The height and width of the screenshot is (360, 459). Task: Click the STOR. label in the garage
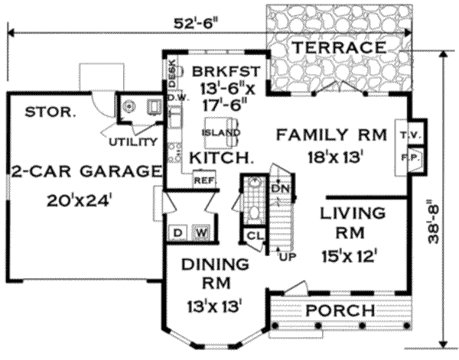pyautogui.click(x=50, y=111)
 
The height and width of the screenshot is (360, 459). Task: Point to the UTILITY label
pyautogui.click(x=134, y=142)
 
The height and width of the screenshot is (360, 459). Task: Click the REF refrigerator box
pyautogui.click(x=203, y=181)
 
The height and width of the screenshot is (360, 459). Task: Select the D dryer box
pyautogui.click(x=177, y=232)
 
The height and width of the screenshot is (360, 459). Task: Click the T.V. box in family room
pyautogui.click(x=405, y=135)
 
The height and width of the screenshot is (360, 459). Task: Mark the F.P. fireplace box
pyautogui.click(x=405, y=157)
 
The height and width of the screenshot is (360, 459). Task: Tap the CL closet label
pyautogui.click(x=253, y=235)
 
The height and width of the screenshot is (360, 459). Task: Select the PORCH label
pyautogui.click(x=340, y=311)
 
